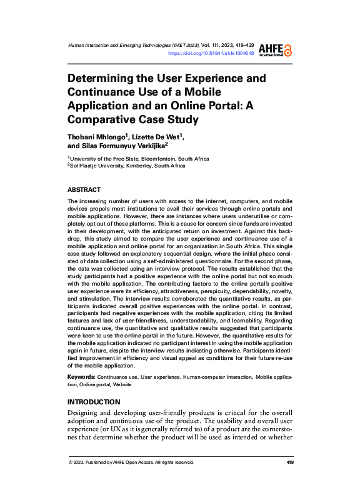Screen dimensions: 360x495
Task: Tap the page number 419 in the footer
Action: (x=289, y=462)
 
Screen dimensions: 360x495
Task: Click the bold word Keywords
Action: (x=81, y=377)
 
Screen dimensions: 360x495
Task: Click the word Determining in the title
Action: (x=104, y=79)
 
